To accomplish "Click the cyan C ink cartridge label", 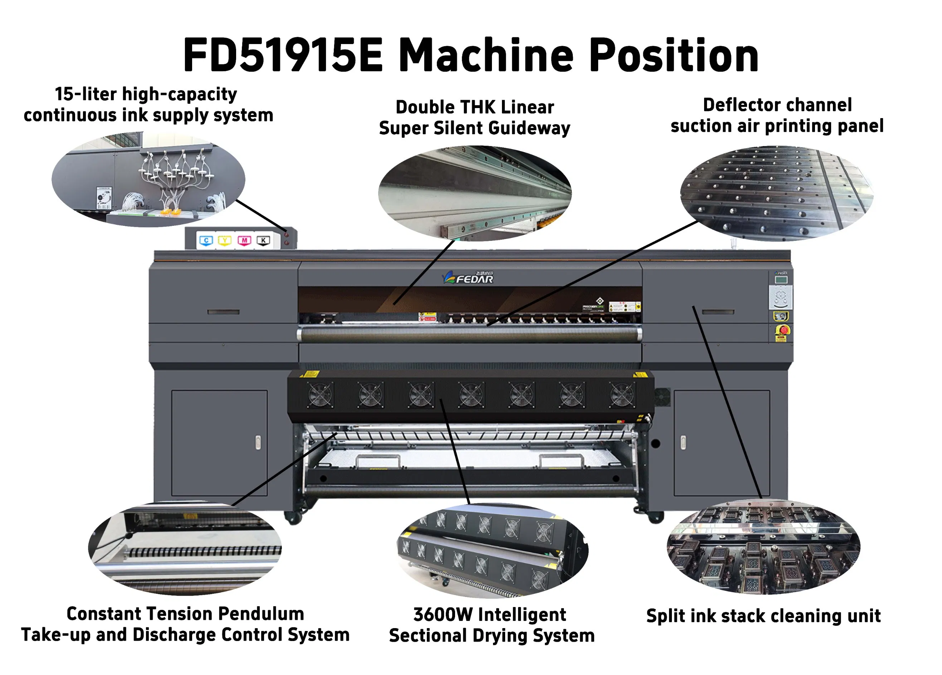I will (x=206, y=241).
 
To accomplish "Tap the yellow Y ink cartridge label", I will (x=225, y=241).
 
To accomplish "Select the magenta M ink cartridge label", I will (x=244, y=241).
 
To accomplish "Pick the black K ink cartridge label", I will (x=263, y=241).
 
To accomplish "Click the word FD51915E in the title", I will (x=282, y=55).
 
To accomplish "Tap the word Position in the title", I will (x=674, y=55).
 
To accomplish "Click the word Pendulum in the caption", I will (x=261, y=614).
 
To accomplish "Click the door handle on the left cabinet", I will (x=258, y=442).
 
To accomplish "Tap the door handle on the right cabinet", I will (x=683, y=442).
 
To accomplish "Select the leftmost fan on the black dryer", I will (x=320, y=395).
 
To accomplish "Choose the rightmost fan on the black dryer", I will (x=621, y=395).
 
